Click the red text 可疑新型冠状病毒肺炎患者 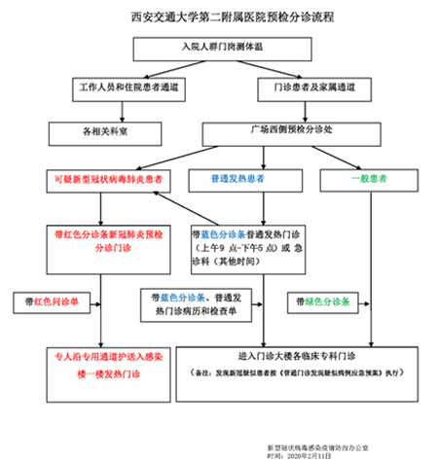point(109,180)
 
